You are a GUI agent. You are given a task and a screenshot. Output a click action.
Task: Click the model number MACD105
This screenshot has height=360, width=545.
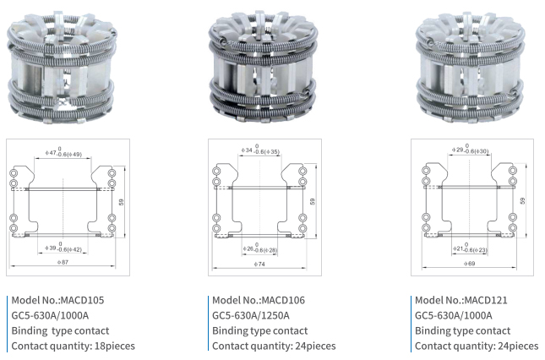(x=82, y=300)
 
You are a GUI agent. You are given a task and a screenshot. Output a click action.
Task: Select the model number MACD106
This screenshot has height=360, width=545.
(x=283, y=300)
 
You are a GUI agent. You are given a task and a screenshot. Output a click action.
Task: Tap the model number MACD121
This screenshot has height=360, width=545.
(x=486, y=300)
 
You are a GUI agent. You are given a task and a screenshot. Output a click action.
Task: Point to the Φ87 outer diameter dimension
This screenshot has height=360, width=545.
(x=63, y=262)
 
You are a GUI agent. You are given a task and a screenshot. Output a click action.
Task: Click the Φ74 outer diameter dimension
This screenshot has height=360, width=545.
(x=259, y=265)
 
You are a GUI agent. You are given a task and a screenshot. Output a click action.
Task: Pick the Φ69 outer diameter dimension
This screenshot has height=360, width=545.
(x=469, y=264)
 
